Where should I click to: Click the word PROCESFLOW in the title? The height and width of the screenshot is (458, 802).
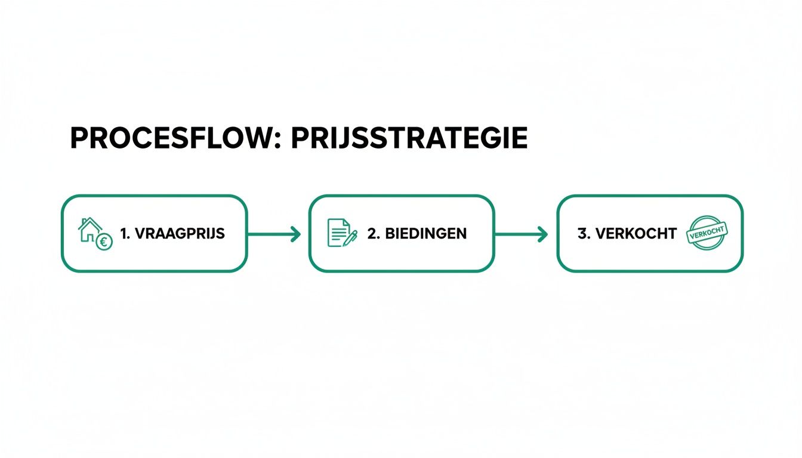tap(171, 138)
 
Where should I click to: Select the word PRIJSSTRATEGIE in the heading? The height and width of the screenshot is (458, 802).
tap(409, 138)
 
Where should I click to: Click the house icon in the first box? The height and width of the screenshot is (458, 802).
tap(90, 230)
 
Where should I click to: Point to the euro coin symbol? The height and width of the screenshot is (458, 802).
tap(104, 242)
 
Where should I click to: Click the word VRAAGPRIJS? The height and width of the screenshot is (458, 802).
tap(180, 234)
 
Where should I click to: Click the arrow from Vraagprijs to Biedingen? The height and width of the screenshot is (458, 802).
tap(274, 234)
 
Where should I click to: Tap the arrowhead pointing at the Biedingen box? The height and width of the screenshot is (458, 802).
tap(296, 234)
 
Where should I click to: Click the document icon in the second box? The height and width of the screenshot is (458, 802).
tap(339, 233)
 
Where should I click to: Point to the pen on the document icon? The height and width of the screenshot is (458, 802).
tap(350, 239)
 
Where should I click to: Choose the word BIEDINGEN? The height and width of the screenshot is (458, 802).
tap(426, 234)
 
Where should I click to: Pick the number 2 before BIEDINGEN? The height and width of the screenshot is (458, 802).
tap(373, 234)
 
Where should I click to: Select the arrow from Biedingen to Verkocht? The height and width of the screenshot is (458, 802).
tap(522, 234)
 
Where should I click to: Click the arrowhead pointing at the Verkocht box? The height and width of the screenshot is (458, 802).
tap(543, 234)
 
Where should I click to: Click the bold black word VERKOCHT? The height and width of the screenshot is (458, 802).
tap(636, 234)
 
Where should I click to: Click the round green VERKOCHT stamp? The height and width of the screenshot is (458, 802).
tap(707, 233)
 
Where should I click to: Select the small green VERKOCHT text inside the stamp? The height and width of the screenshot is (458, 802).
tap(707, 233)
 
